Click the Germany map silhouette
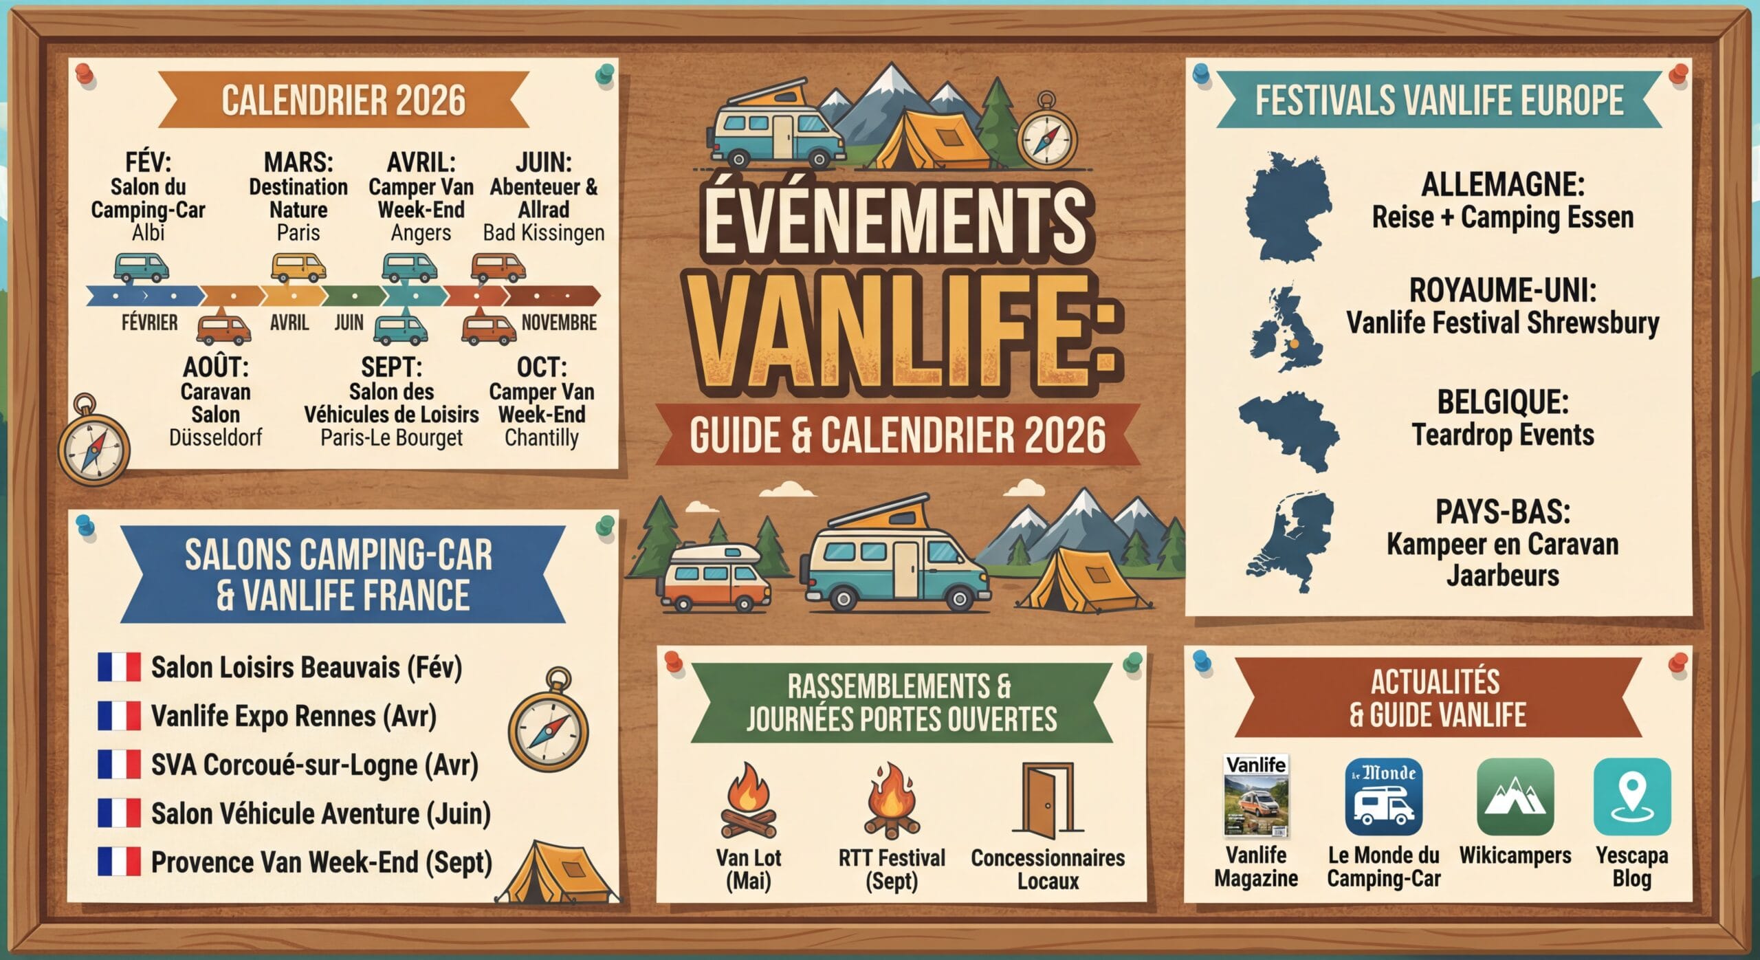(1287, 208)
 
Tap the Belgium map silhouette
(1290, 430)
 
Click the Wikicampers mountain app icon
(1515, 796)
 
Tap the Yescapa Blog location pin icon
(1632, 796)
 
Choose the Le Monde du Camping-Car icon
(1383, 796)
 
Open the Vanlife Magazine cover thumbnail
(1256, 795)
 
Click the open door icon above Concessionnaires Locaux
(1047, 799)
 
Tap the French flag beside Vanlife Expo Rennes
(119, 716)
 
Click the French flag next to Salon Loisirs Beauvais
(119, 667)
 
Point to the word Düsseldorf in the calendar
(215, 437)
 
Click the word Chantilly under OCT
(541, 437)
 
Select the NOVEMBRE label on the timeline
(558, 323)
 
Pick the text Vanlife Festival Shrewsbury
(1502, 323)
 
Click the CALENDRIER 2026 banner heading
(343, 100)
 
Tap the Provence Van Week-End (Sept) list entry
(321, 862)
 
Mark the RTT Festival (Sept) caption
(892, 869)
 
